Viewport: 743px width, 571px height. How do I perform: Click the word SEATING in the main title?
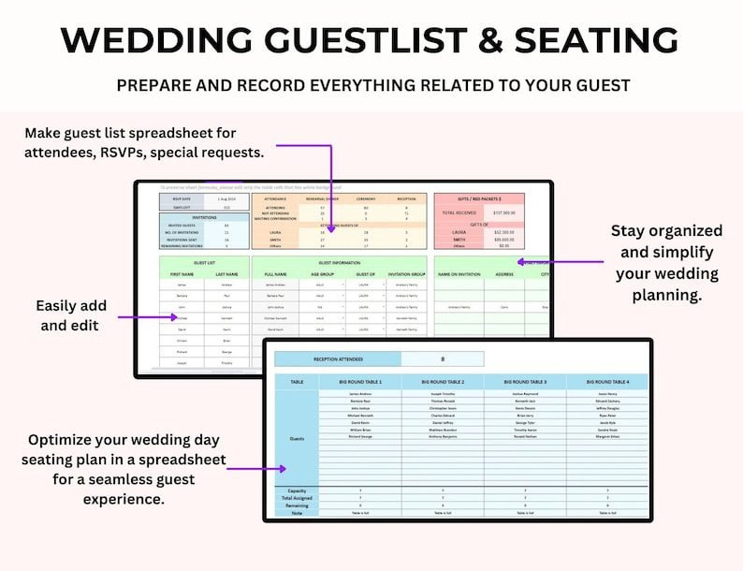point(586,40)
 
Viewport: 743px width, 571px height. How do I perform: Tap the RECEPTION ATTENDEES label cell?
point(338,359)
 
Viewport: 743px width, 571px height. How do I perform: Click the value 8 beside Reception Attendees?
point(443,359)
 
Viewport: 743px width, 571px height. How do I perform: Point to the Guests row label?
point(296,438)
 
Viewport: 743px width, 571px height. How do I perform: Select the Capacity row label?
point(296,490)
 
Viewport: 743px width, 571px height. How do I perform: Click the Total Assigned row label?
point(296,497)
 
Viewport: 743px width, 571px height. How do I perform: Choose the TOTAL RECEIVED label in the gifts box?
point(459,212)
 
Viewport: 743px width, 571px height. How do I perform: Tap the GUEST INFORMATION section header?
point(338,262)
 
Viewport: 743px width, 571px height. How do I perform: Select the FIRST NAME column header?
point(181,274)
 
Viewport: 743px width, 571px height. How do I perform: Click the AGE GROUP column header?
point(320,274)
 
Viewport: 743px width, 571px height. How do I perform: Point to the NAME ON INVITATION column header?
point(459,274)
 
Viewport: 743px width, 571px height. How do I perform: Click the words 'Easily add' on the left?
point(72,306)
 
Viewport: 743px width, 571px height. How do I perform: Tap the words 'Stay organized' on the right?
point(667,231)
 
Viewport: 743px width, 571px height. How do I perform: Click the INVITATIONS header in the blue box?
point(204,216)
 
